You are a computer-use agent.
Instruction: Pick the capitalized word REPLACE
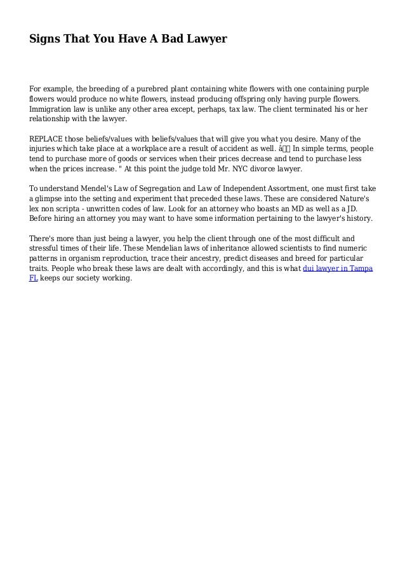(x=48, y=139)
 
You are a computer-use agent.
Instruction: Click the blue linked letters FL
(x=34, y=279)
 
